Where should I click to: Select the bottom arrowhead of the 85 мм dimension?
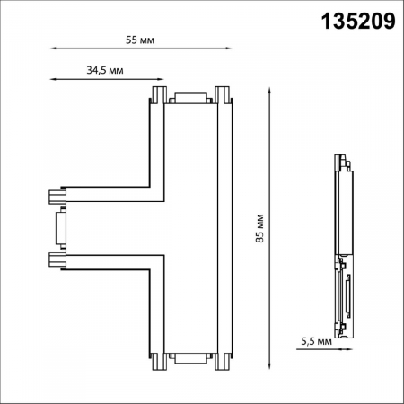pos(271,366)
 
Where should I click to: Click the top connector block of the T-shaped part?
pos(189,100)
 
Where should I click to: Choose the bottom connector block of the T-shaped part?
pos(189,358)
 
